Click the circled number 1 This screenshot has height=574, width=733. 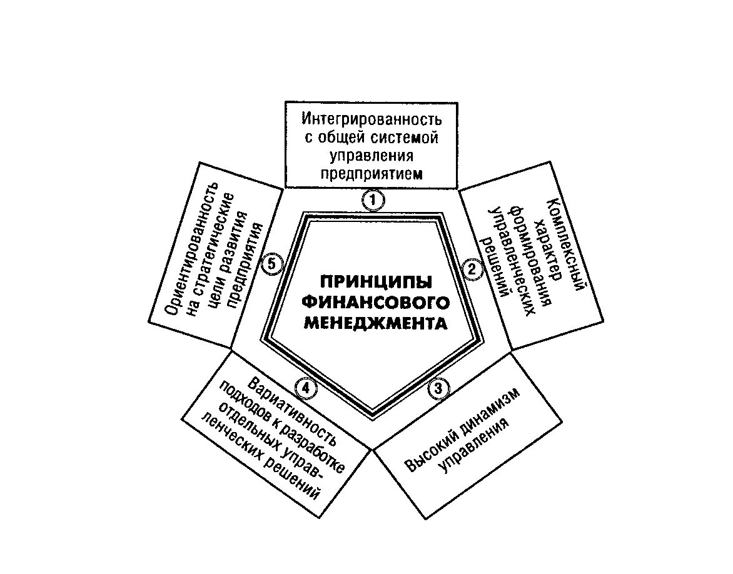[373, 200]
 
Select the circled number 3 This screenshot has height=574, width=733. [438, 388]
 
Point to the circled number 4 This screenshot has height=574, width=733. [305, 388]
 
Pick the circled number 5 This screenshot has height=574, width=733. [271, 264]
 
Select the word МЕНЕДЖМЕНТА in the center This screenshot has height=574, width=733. [376, 324]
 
